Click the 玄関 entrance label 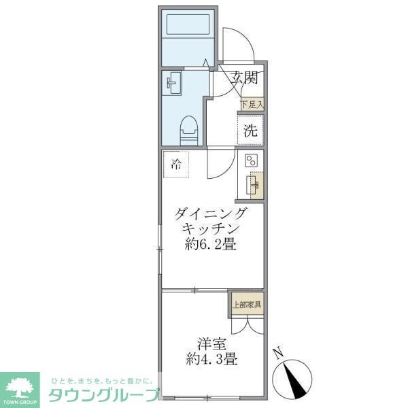pyautogui.click(x=243, y=78)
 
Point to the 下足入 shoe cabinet pyautogui.click(x=252, y=105)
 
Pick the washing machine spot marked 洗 pyautogui.click(x=250, y=131)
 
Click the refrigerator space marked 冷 pyautogui.click(x=176, y=164)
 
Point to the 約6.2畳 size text pyautogui.click(x=211, y=245)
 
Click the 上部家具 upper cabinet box pyautogui.click(x=246, y=304)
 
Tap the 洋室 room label pyautogui.click(x=212, y=343)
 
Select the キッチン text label pyautogui.click(x=211, y=229)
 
